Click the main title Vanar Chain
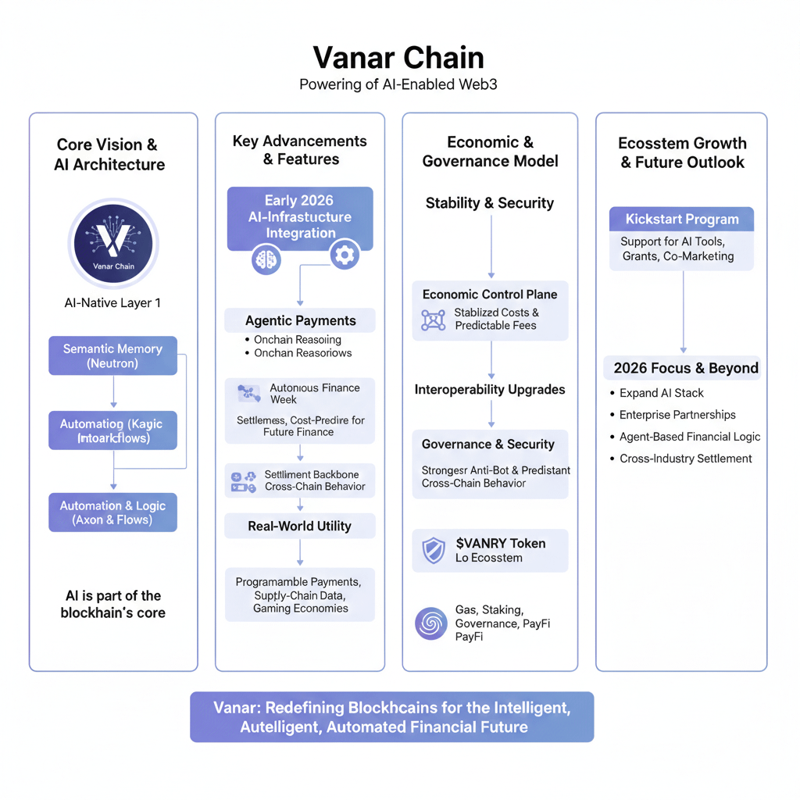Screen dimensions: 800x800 pos(398,59)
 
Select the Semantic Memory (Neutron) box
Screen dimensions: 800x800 pos(112,356)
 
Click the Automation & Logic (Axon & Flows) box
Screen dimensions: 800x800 pos(112,512)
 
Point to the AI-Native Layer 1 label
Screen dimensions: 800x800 pos(112,303)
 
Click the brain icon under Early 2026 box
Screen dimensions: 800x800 pos(266,259)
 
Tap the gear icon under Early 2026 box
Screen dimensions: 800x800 pos(344,254)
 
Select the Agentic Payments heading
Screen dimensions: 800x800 pos(300,320)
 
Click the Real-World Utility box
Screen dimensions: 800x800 pos(300,526)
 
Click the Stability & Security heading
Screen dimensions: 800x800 pos(489,203)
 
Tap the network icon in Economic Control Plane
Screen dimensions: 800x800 pos(433,320)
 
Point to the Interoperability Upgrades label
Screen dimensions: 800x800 pos(489,389)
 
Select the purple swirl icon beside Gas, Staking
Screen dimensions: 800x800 pos(431,623)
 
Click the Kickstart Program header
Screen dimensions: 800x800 pos(681,220)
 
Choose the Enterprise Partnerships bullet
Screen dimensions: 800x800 pos(677,415)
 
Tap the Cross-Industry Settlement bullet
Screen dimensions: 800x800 pos(685,459)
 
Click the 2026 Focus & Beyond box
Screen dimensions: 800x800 pos(685,368)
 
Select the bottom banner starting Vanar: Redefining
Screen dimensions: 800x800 pos(391,717)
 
